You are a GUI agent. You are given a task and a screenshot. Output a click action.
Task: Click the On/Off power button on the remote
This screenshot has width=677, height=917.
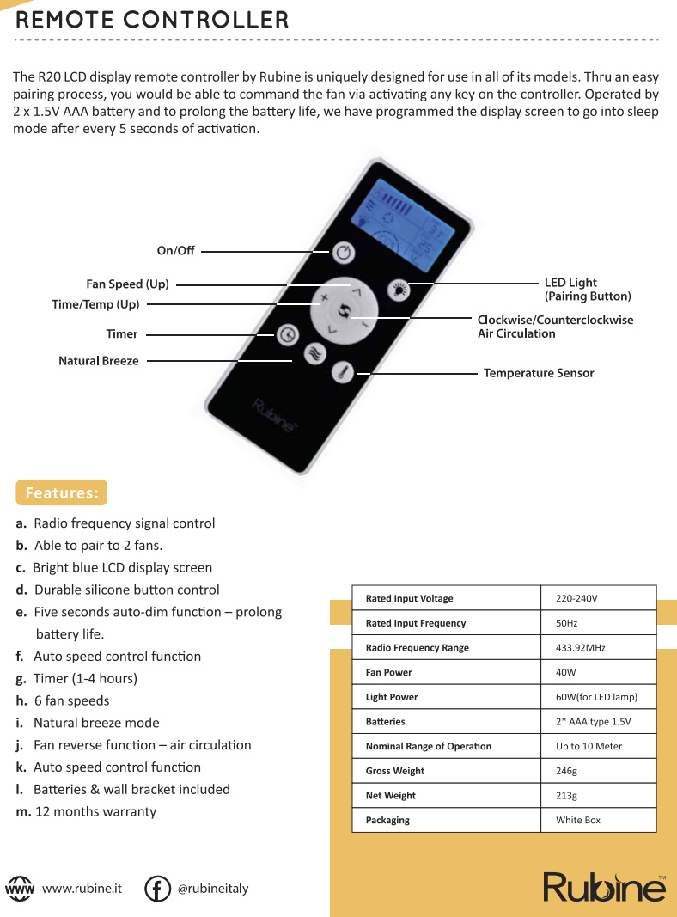coord(344,252)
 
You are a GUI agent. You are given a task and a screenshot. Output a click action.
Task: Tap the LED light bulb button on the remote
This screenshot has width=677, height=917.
coord(399,289)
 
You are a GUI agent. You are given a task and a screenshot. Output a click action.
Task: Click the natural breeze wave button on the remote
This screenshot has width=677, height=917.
coord(315,354)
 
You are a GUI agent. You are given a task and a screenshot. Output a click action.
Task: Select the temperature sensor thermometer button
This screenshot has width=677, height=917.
coord(343,372)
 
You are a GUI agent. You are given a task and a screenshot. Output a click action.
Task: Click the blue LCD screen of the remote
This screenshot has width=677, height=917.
coord(403,225)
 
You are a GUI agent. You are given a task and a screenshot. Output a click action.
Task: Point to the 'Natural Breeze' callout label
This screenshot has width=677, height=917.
coord(99,361)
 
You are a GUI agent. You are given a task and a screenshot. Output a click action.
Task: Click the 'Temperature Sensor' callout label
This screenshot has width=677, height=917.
coord(539,373)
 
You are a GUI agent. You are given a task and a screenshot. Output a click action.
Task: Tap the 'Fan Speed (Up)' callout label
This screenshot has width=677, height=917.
coord(127,284)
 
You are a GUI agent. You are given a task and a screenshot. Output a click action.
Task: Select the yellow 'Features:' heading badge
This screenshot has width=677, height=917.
coord(61,492)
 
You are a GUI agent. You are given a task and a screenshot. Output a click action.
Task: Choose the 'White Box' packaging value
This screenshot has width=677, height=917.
coord(578,820)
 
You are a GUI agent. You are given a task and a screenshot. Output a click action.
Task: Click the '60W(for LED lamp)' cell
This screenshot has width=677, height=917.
coord(596,696)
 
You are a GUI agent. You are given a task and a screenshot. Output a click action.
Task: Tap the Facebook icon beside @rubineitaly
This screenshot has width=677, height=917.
coord(157,889)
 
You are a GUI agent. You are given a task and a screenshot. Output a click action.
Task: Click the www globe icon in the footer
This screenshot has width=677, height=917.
coord(19,889)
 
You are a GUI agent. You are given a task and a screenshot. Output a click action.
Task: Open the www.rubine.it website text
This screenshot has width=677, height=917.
coord(82,889)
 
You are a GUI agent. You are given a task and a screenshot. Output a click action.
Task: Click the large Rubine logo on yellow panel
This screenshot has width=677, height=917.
coord(605,888)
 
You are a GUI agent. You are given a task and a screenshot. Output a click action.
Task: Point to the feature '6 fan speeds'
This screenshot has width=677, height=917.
coord(72,700)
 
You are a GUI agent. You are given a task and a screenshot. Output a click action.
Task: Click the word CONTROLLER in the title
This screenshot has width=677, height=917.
coord(206,20)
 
